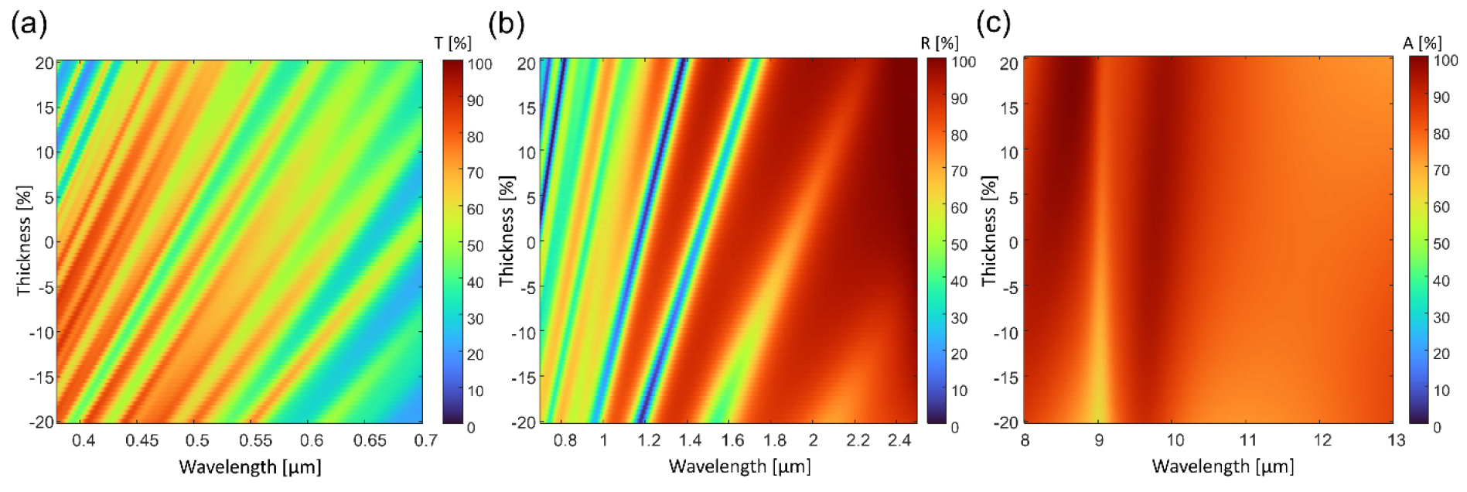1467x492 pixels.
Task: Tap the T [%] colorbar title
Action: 453,43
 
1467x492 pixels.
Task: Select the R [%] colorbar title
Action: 939,43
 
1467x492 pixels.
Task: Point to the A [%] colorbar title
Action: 1422,43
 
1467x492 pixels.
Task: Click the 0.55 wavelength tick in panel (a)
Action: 255,441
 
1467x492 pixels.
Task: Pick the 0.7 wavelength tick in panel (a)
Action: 425,441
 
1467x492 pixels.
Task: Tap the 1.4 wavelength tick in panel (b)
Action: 690,441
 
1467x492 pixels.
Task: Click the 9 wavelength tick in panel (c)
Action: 1099,441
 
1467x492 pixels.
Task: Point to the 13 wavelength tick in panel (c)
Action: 1396,441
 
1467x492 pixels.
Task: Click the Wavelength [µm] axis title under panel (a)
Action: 250,467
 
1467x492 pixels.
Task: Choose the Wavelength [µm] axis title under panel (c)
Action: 1223,466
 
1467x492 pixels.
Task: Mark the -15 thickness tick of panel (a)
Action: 42,378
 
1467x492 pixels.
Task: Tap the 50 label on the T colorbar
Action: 474,246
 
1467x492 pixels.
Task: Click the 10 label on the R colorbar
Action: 959,391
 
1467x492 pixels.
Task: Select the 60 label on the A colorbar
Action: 1441,207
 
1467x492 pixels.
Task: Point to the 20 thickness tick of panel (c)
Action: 1008,63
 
